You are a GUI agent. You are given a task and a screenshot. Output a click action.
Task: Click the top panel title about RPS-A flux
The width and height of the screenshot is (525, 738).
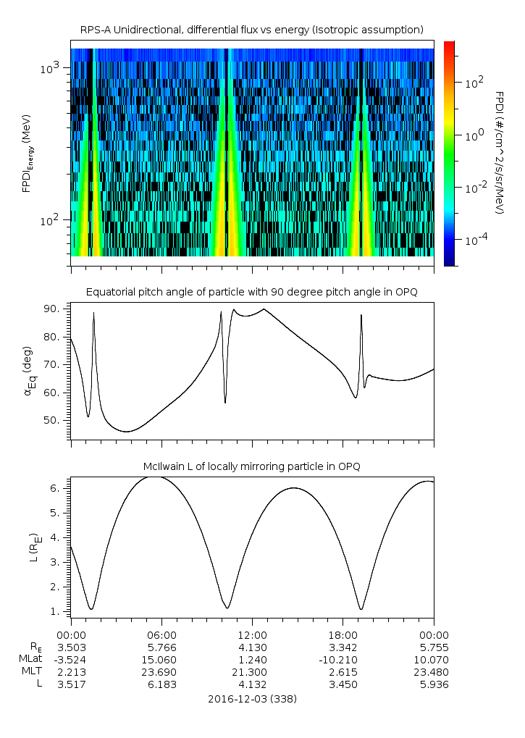[x=252, y=29]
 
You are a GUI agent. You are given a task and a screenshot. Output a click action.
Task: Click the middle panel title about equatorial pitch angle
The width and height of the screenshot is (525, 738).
[x=252, y=292]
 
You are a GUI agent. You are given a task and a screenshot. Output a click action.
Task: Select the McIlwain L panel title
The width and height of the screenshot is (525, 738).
[x=252, y=466]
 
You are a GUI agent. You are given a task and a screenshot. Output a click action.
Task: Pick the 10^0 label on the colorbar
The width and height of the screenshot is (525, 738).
[x=475, y=135]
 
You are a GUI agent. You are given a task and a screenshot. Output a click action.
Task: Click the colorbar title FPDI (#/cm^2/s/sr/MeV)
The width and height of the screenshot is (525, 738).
[x=499, y=153]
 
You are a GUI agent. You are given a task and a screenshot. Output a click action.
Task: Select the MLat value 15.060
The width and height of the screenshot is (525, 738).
[x=161, y=660]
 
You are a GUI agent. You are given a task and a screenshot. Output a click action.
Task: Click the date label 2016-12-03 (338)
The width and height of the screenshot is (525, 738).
[x=252, y=700]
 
